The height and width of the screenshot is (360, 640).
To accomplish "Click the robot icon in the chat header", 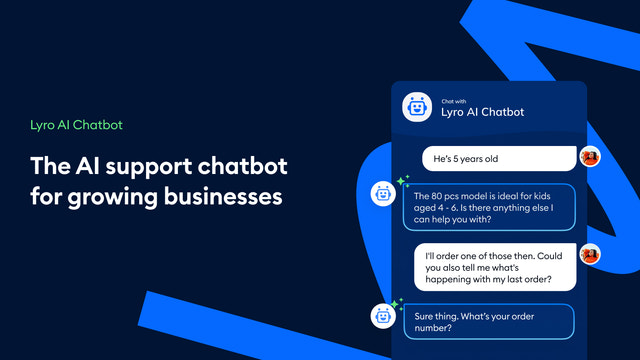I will [x=415, y=106].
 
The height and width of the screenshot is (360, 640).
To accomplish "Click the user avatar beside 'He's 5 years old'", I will [x=590, y=157].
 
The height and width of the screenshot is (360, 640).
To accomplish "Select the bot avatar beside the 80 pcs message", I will [x=383, y=194].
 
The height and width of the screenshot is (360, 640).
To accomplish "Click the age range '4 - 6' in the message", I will [x=440, y=209].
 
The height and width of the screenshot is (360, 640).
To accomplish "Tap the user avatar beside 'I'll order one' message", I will [x=590, y=254].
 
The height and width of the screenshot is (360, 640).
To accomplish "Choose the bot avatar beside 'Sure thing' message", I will [x=383, y=316].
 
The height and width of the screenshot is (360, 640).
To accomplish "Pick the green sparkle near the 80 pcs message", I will [x=403, y=181].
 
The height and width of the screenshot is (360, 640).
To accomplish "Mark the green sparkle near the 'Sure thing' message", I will [x=397, y=302].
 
